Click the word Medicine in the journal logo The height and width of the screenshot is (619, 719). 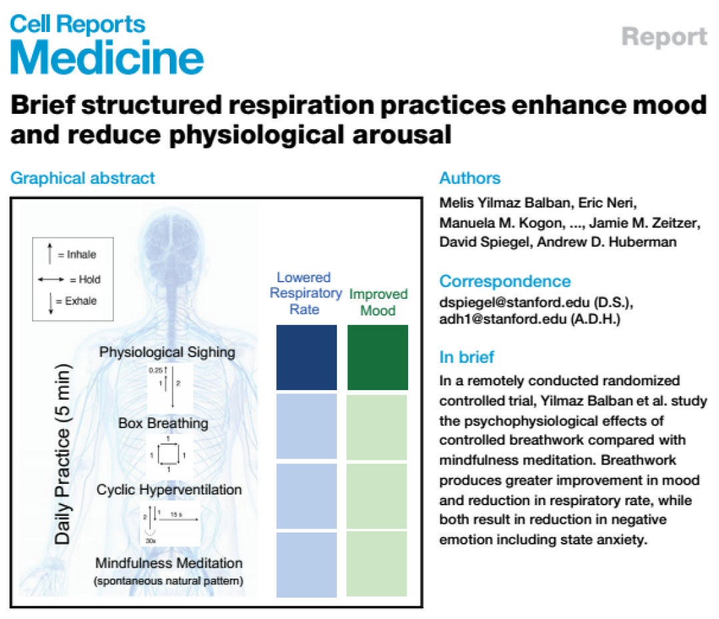(x=107, y=57)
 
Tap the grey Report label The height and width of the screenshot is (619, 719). (x=664, y=37)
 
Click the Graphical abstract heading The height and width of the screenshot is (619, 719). (x=83, y=178)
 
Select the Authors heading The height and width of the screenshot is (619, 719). (x=470, y=178)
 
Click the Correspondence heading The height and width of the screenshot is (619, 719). (x=505, y=281)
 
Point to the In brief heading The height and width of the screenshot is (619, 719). (x=467, y=357)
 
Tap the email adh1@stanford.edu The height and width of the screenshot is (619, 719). (x=503, y=319)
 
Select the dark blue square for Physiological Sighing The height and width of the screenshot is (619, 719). (x=306, y=357)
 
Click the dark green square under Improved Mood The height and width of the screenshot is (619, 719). (x=377, y=357)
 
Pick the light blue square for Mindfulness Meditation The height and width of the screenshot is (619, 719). (x=306, y=564)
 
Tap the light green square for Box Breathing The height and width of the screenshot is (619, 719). (x=376, y=427)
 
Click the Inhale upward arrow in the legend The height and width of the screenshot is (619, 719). (x=50, y=253)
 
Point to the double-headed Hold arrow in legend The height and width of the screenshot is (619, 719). (x=51, y=280)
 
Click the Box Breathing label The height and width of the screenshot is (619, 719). (x=163, y=423)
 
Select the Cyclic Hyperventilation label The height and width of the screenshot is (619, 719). (x=168, y=489)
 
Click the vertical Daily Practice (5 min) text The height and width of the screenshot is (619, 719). (x=63, y=454)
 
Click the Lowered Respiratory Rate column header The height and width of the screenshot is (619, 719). (x=306, y=293)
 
